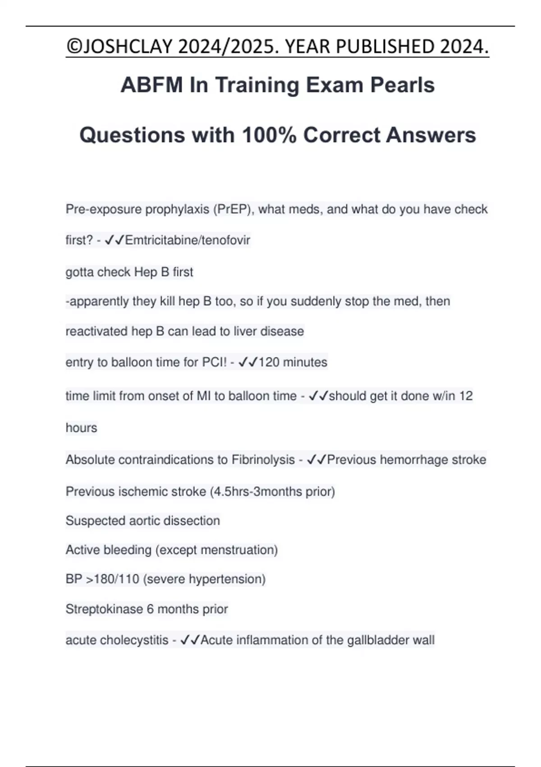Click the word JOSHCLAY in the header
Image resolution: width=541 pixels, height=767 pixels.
click(128, 47)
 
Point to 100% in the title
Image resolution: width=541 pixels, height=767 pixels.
click(269, 135)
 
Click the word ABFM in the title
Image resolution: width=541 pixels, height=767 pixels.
click(151, 85)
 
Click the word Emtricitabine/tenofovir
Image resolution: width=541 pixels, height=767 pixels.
click(188, 240)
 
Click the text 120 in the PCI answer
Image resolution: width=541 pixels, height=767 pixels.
click(269, 362)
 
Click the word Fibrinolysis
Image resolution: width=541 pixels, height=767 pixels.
click(263, 460)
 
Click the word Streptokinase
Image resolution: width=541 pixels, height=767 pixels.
click(104, 609)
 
